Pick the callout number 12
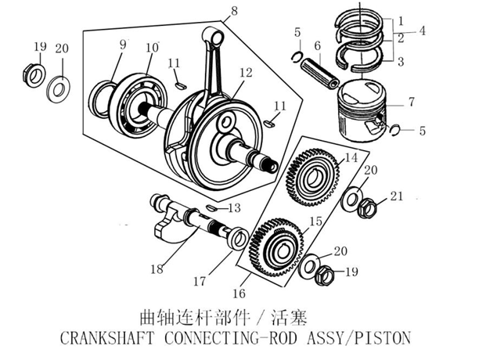[x=246, y=73]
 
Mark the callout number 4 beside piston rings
[x=422, y=31]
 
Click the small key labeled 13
[x=212, y=207]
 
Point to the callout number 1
[x=400, y=18]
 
